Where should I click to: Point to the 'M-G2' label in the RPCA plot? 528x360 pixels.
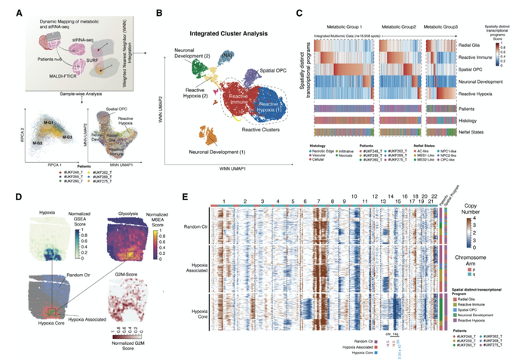pos(38,141)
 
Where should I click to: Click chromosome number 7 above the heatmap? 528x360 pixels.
pos(319,201)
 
